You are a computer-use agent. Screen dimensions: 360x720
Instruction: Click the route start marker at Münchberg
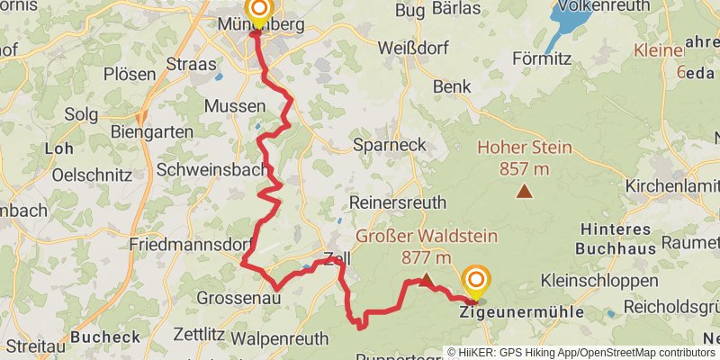click(x=258, y=11)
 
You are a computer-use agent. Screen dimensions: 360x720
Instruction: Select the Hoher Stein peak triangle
click(x=524, y=191)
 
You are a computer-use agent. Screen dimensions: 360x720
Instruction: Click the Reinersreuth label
click(x=399, y=202)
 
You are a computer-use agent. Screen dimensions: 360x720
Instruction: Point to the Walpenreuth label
click(x=276, y=339)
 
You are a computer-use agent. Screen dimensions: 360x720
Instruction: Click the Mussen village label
click(x=235, y=106)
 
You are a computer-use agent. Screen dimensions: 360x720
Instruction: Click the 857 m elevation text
click(x=524, y=167)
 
